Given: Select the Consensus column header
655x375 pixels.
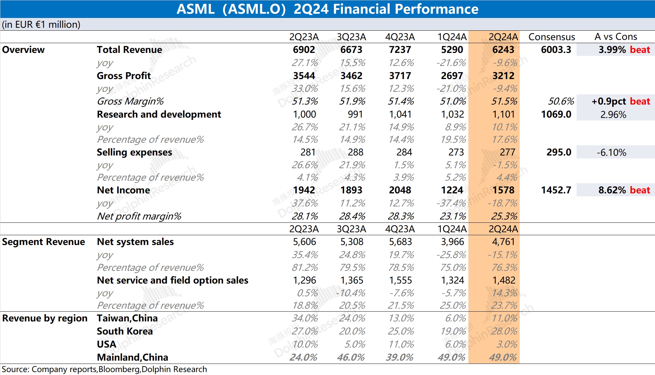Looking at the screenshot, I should point(551,37).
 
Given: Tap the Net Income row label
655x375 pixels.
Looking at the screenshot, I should point(123,190).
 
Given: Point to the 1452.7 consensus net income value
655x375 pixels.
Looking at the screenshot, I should point(556,190).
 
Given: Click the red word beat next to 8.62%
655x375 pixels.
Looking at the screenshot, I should point(640,190).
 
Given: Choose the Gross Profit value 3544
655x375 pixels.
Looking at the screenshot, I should point(304,76).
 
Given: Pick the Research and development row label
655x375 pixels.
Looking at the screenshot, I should point(159,114).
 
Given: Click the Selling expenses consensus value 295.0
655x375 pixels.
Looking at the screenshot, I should point(559,152).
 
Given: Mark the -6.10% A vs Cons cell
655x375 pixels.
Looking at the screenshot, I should point(611,153).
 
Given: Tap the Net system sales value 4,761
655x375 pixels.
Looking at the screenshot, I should point(503,242).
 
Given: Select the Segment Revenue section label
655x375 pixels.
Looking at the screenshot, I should point(43,242).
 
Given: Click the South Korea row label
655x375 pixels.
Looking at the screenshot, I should point(125,331).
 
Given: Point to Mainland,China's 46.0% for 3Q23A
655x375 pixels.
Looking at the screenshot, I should point(351,357).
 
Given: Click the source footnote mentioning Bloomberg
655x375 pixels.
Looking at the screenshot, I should point(104,369).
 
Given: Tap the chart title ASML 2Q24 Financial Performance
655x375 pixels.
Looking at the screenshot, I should point(327,9).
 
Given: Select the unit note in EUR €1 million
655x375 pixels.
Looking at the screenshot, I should point(41,24).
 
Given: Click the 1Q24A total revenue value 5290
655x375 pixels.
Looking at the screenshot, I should point(452,50).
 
